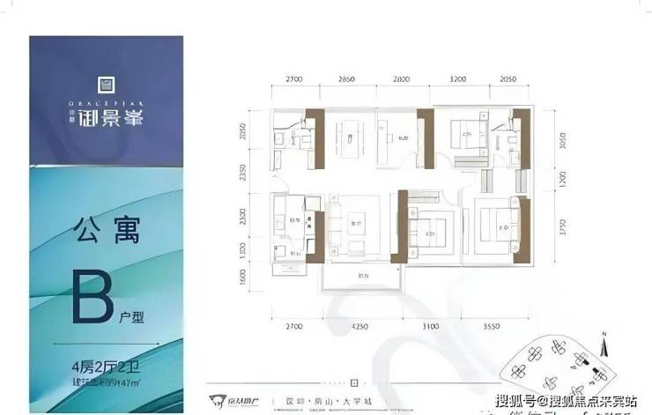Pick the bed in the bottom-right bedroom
tap(500, 222)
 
